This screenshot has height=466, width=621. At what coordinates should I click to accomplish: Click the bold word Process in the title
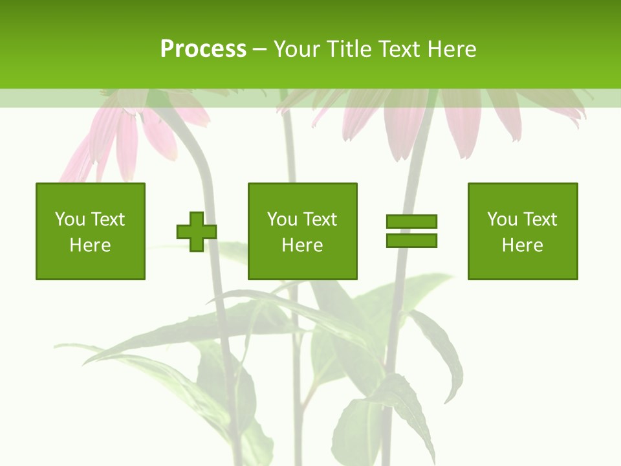click(203, 49)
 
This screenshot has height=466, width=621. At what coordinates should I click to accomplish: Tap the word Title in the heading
click(348, 49)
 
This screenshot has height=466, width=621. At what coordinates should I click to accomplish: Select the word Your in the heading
click(296, 49)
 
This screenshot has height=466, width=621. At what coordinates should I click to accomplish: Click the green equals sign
click(411, 231)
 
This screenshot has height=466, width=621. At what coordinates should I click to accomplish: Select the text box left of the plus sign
click(91, 231)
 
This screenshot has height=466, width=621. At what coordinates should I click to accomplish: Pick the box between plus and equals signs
click(303, 231)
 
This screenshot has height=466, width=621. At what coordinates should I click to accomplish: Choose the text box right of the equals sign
click(523, 231)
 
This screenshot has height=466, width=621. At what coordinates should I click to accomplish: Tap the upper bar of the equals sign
click(411, 222)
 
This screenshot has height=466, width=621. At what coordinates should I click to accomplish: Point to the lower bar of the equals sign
click(411, 240)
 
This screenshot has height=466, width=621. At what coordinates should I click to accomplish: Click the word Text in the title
click(402, 49)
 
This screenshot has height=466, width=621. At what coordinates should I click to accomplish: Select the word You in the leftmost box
click(70, 219)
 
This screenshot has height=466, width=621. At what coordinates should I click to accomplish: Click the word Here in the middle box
click(303, 245)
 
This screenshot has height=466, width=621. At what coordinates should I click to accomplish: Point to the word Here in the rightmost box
click(523, 245)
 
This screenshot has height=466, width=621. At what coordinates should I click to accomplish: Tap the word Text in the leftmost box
click(107, 219)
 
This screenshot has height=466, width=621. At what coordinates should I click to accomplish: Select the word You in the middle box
click(282, 219)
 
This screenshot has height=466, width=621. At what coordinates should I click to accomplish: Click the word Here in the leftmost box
click(91, 245)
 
